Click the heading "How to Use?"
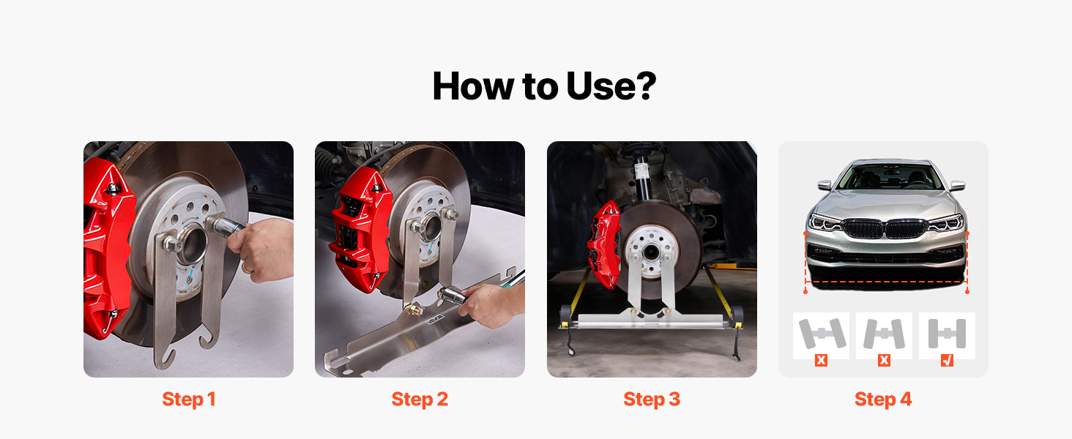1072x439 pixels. (x=544, y=86)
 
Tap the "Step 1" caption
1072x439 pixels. (x=189, y=399)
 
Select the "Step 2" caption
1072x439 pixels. (x=420, y=399)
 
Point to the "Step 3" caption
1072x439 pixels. (x=652, y=399)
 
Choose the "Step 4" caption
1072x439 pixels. (x=883, y=399)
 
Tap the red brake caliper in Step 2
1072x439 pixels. (x=360, y=230)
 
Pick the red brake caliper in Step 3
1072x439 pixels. (x=604, y=244)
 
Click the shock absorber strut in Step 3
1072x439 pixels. (x=641, y=177)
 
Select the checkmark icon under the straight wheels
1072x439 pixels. (x=947, y=360)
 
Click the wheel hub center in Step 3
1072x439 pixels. (x=651, y=252)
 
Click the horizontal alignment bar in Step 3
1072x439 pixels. (x=651, y=321)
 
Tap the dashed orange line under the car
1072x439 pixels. (x=886, y=282)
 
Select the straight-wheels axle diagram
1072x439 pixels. (x=947, y=334)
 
